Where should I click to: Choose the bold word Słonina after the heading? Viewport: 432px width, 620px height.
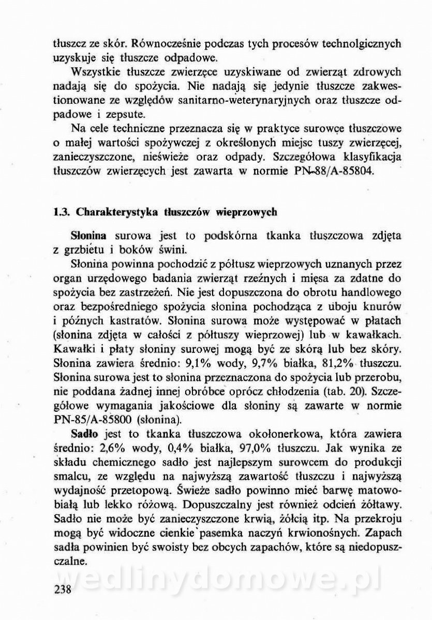[88, 236]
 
